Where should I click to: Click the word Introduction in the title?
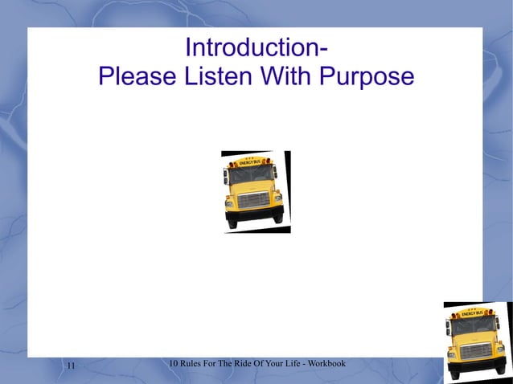tap(252, 48)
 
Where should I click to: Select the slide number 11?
tap(70, 366)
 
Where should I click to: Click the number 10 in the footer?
tap(175, 365)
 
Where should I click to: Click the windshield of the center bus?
tap(252, 175)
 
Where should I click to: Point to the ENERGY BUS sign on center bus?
tap(251, 161)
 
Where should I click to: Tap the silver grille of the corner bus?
tap(476, 350)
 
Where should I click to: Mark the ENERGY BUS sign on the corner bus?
tap(473, 312)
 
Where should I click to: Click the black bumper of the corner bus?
tap(478, 366)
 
